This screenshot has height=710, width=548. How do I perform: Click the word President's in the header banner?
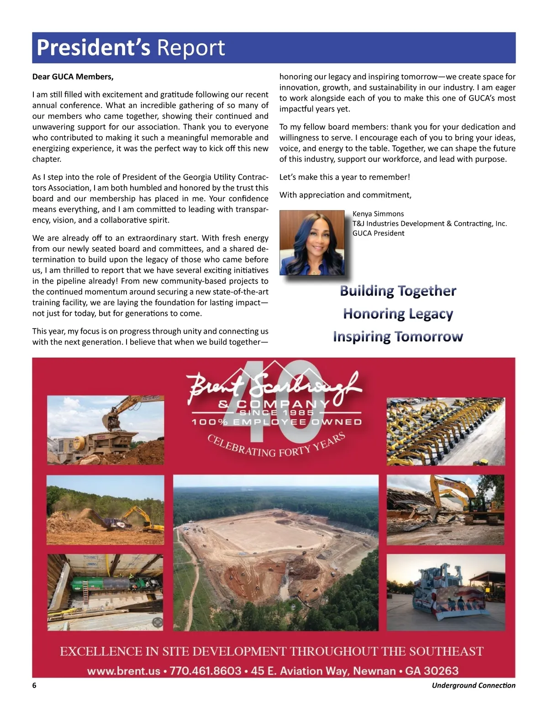tap(93, 48)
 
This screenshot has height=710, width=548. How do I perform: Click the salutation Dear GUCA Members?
tap(73, 77)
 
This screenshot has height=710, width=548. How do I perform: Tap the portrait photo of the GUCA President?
tap(312, 242)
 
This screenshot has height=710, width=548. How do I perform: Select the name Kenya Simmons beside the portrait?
tap(378, 214)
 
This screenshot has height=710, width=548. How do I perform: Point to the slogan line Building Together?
tap(398, 291)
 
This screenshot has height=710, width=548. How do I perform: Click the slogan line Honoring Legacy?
tap(398, 314)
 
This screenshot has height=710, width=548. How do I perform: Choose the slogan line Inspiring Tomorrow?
tap(398, 336)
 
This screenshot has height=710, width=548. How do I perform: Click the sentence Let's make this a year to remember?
tap(345, 177)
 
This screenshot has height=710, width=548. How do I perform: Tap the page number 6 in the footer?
tap(34, 685)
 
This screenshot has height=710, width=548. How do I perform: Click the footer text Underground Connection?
tap(474, 685)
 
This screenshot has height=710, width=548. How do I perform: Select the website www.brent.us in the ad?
tap(124, 671)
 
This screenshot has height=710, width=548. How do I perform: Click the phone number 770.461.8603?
tap(205, 671)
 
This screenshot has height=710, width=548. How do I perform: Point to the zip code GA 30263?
tap(432, 671)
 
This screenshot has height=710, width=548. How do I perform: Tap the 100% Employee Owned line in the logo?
tap(277, 422)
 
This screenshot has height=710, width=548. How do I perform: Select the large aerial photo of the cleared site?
tap(276, 552)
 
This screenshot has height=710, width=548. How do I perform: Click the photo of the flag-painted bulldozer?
tap(446, 592)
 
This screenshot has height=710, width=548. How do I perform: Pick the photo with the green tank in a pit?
tap(105, 592)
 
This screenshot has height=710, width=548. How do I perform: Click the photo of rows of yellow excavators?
tap(446, 431)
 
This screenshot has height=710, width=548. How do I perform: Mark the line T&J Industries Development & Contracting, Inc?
tap(429, 224)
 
